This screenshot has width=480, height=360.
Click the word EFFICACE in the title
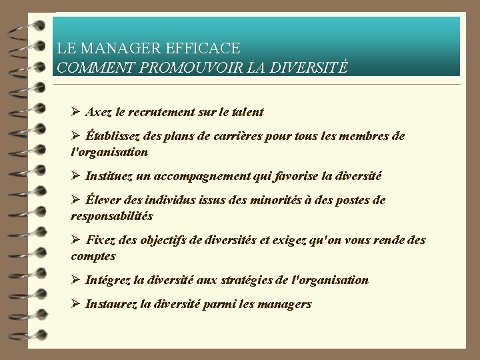point(206,49)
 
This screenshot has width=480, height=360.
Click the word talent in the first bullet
point(246,112)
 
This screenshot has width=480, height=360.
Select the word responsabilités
point(112,216)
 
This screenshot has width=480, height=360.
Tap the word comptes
point(93,256)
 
